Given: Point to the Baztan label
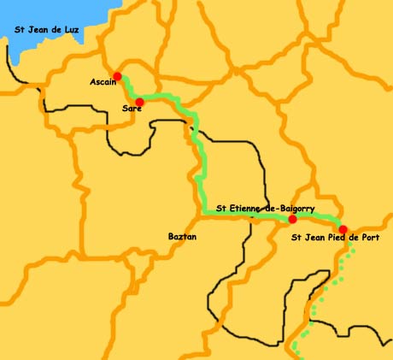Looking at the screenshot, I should [182, 235].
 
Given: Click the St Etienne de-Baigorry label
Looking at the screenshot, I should [266, 208].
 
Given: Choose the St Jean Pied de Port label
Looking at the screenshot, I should [336, 237].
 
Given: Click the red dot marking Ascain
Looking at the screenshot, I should [117, 76].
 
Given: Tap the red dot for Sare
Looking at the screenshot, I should [139, 102].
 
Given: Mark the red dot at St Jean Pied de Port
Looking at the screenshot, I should [343, 228].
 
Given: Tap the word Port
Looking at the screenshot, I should [369, 237].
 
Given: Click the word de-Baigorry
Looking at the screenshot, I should [290, 208].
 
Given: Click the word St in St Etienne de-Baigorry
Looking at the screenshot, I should [222, 208].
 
